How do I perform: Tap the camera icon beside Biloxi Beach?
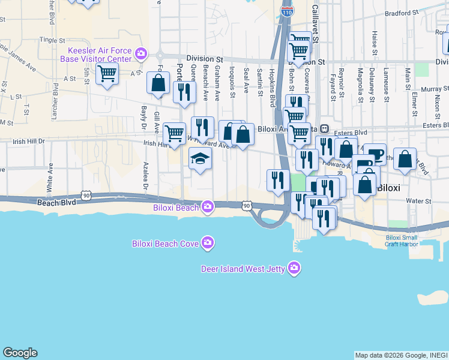[x=208, y=208]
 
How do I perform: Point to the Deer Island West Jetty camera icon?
[x=294, y=268]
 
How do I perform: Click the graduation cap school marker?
[x=200, y=158]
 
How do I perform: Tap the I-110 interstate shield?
[x=287, y=11]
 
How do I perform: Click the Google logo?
[x=20, y=353]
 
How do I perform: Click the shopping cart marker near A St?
[x=107, y=74]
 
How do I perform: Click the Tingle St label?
[x=52, y=40]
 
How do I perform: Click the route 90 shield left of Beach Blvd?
[x=88, y=195]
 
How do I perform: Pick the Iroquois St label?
[x=231, y=84]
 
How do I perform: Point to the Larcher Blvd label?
[x=56, y=99]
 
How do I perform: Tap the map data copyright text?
[x=401, y=355]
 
